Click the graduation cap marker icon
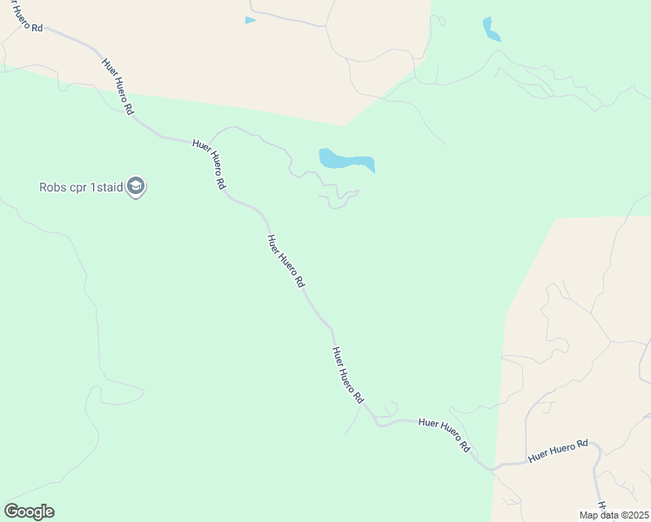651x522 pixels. [135, 186]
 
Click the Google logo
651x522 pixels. [29, 512]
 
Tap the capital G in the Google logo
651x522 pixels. [10, 512]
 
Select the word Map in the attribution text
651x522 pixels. [589, 515]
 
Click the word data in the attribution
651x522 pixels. [609, 515]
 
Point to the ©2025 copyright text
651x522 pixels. [635, 515]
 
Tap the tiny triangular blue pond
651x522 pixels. [250, 20]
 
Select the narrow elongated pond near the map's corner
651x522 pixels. [491, 30]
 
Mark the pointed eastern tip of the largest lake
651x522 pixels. [373, 170]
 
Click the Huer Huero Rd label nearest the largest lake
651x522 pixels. [210, 164]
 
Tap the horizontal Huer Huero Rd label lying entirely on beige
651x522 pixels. [558, 450]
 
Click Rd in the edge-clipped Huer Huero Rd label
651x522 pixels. [37, 28]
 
